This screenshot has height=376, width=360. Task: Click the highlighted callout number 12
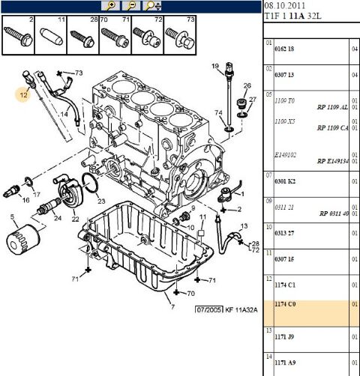[x=24, y=94]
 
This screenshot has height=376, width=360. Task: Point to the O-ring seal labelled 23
[x=90, y=185]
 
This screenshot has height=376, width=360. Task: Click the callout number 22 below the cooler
[x=75, y=219]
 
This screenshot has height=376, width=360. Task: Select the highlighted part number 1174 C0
[x=286, y=304]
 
